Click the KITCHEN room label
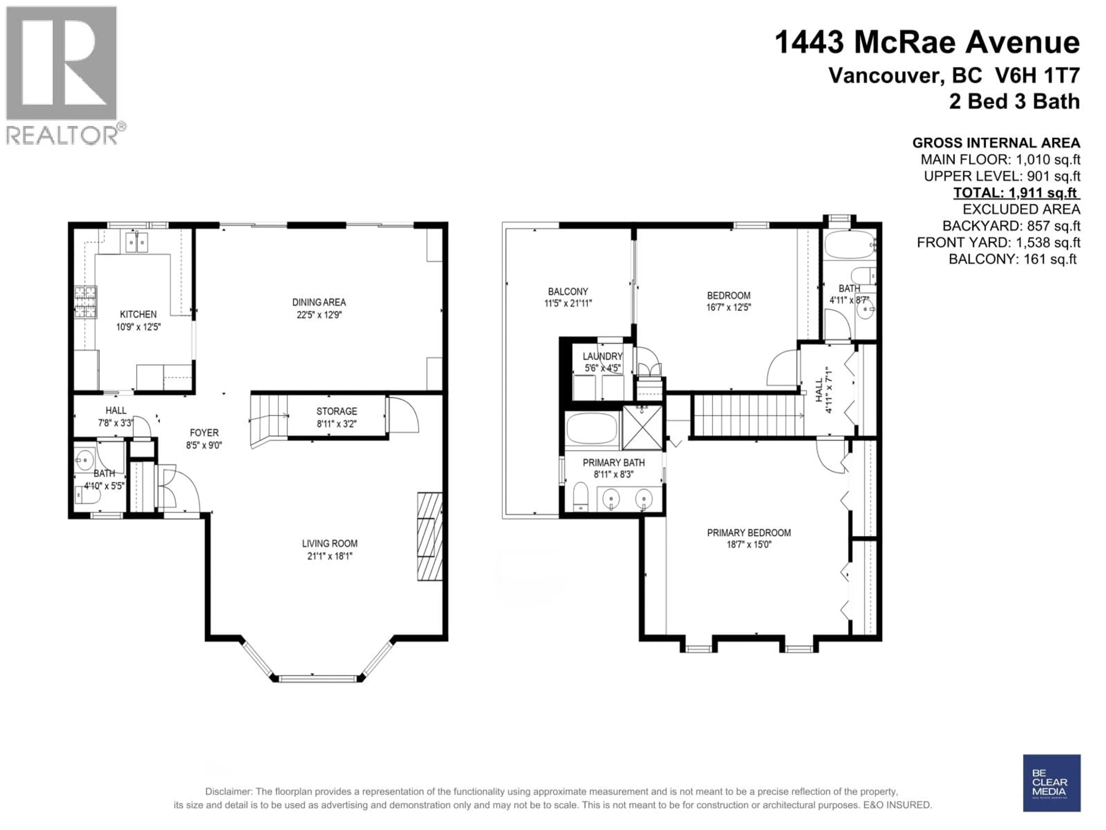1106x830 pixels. coord(138,314)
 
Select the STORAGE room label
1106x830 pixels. coord(336,411)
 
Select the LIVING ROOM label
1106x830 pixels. coord(329,543)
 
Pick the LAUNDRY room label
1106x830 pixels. coord(603,356)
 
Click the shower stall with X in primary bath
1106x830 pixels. coord(643,428)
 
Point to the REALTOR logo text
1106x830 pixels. coord(62,135)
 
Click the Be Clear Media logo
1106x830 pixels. coord(1052,783)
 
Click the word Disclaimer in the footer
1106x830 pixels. coord(228,792)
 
